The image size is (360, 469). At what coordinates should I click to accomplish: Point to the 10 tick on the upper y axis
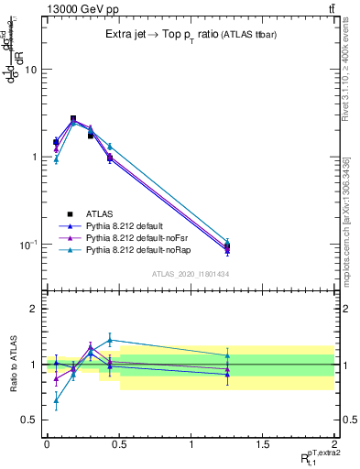click(x=30, y=70)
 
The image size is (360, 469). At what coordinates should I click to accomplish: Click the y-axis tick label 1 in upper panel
click(x=34, y=158)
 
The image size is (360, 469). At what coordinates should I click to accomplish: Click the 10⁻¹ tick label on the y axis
click(x=28, y=245)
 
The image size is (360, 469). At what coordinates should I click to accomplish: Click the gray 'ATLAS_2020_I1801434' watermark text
click(x=190, y=274)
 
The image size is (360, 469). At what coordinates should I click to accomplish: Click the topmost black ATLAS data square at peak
click(x=73, y=119)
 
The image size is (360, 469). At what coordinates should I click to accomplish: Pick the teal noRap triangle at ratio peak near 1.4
click(x=110, y=340)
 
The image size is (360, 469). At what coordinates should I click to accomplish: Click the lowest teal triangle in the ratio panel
click(x=56, y=399)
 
